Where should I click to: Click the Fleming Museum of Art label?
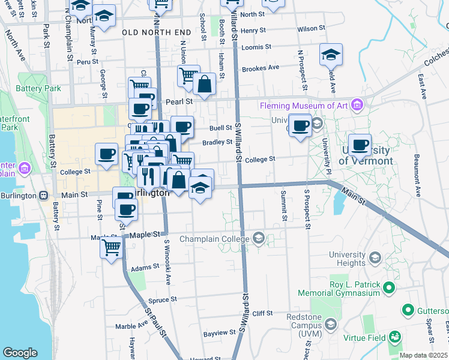pos(304,106)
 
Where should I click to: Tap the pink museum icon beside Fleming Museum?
pos(357,106)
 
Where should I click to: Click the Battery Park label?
pos(39,88)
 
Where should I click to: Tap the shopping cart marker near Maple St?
pos(111,247)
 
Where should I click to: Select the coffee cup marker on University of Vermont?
pos(360,145)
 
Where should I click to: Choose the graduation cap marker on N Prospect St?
pos(331,55)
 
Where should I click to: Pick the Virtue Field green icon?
pos(395,337)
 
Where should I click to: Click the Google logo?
pos(20,353)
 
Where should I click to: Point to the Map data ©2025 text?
pos(423,355)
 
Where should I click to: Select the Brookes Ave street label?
pos(261,68)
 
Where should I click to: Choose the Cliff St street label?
pos(262,313)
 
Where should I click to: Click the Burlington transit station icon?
pos(44,196)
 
